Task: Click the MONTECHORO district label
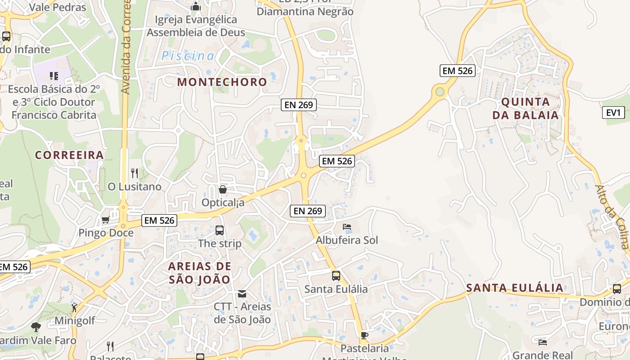[222, 82]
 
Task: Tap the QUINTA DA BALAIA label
[525, 108]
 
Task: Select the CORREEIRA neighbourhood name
[69, 155]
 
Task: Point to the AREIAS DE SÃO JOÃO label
[199, 273]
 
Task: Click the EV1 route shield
[613, 112]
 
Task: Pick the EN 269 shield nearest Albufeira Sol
[308, 211]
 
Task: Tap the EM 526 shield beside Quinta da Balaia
[457, 71]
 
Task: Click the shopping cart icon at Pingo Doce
[106, 220]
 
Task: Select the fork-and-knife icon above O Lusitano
[134, 172]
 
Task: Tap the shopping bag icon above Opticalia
[222, 189]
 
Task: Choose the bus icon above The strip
[219, 230]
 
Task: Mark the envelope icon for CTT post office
[242, 294]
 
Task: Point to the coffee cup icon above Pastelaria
[364, 335]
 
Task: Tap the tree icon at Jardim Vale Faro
[36, 327]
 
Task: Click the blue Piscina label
[188, 56]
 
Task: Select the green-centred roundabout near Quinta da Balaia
[440, 92]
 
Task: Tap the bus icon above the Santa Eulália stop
[336, 275]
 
